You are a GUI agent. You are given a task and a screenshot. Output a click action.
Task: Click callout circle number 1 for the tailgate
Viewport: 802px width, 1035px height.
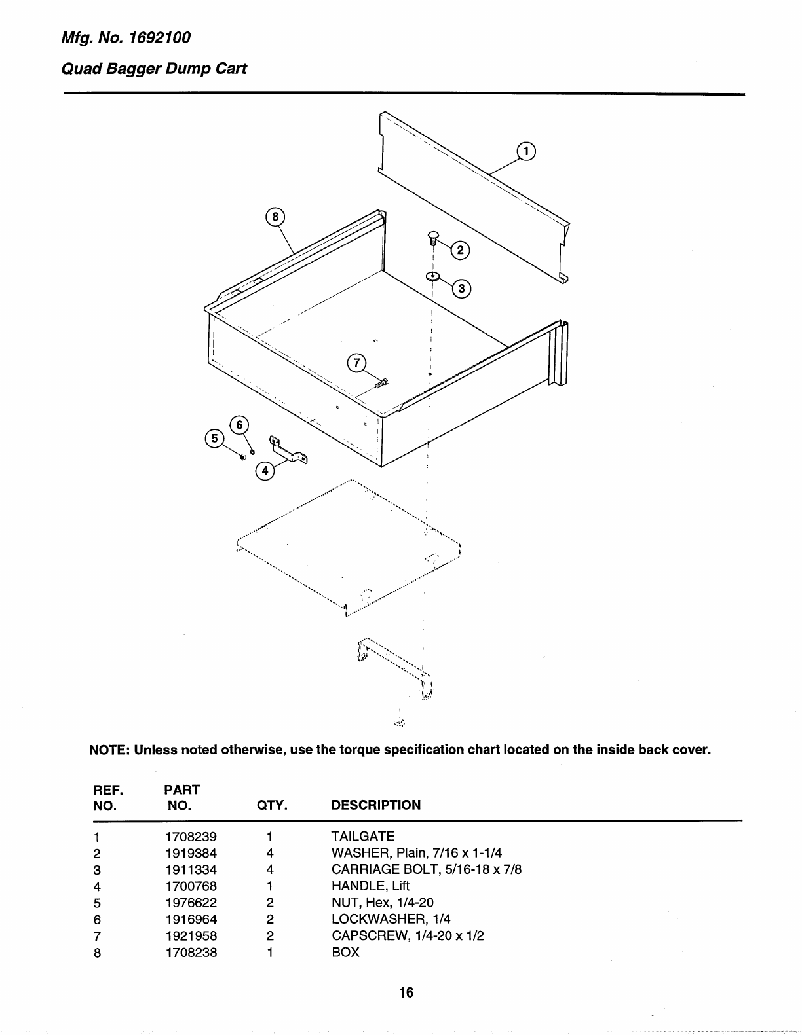[x=526, y=151]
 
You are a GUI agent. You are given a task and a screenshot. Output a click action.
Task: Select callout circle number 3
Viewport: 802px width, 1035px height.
[x=462, y=289]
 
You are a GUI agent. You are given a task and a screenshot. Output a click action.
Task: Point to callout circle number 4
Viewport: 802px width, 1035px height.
[x=264, y=471]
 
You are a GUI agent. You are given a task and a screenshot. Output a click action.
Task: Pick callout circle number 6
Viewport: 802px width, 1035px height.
[x=239, y=425]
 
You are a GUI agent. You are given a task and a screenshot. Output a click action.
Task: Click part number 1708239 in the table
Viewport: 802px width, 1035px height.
[x=191, y=837]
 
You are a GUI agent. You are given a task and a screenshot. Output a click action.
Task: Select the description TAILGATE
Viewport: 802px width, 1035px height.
[x=363, y=837]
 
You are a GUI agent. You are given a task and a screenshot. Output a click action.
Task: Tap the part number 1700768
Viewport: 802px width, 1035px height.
[x=191, y=886]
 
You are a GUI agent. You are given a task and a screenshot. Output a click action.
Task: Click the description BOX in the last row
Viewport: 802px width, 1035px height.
[x=345, y=953]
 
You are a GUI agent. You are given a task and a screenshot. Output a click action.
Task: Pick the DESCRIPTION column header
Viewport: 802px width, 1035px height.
[x=376, y=805]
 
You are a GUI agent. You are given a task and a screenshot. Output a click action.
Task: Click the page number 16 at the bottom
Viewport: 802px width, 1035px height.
[x=406, y=992]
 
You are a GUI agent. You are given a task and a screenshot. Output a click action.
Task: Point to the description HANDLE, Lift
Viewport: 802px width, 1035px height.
[x=370, y=886]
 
